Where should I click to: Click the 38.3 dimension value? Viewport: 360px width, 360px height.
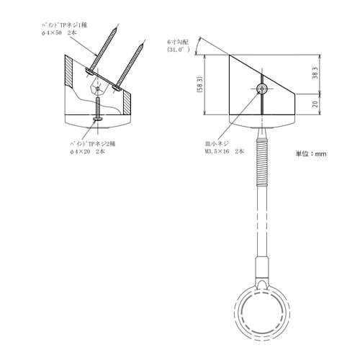pos(315,73)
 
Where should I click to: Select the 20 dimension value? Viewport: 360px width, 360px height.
pos(315,104)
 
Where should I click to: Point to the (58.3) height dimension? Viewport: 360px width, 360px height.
pos(200,85)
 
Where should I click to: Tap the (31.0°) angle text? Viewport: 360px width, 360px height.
pos(179,50)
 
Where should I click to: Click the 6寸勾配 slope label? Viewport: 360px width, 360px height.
pos(178,42)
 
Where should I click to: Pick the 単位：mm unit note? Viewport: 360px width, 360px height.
pos(311,153)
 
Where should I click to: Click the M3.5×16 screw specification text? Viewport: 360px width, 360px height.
pos(217,151)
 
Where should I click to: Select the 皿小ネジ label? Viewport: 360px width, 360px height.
pos(217,143)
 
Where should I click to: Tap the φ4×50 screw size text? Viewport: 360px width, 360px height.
pos(51,33)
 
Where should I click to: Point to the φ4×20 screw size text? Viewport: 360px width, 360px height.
pos(80,152)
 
